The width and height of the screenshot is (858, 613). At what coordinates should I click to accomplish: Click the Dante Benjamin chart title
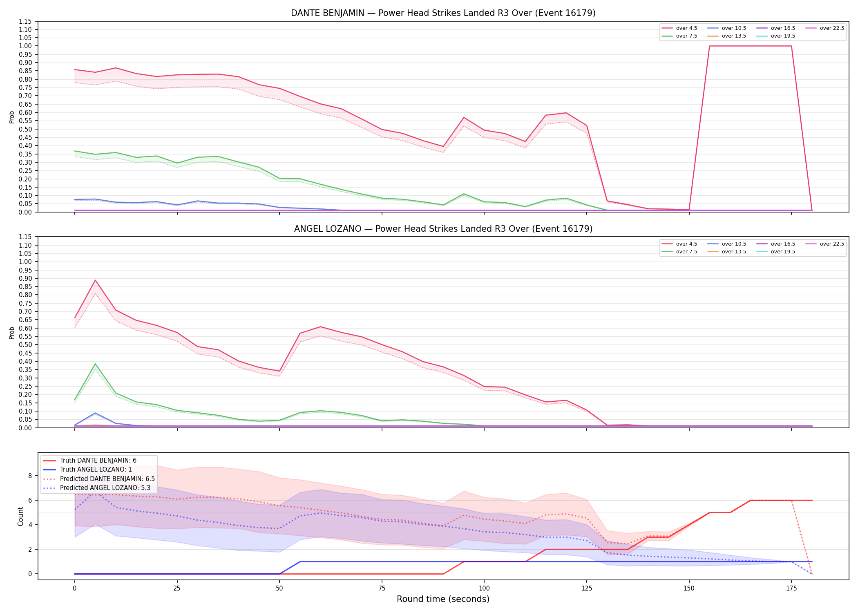click(x=443, y=13)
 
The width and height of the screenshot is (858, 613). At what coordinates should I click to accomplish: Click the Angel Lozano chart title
click(x=443, y=229)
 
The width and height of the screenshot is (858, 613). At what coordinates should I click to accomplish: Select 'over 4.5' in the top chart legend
click(x=686, y=28)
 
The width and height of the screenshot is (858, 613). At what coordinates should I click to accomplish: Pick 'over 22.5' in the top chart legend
click(x=832, y=28)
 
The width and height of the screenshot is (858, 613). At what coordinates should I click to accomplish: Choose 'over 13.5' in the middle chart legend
click(x=734, y=252)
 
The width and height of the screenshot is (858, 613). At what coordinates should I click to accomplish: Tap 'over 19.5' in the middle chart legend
click(x=783, y=252)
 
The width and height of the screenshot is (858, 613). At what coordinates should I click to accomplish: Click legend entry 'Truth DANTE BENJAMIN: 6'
click(x=98, y=461)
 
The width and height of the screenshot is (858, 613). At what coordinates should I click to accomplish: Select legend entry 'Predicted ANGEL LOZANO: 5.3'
click(x=105, y=488)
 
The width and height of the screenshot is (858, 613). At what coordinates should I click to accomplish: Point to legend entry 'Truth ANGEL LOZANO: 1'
click(x=96, y=470)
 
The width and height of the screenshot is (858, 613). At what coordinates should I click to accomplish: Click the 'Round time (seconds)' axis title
click(x=443, y=599)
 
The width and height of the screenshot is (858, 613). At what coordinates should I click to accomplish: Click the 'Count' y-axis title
click(x=20, y=516)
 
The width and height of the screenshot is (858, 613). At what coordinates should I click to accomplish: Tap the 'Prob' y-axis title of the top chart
click(x=11, y=117)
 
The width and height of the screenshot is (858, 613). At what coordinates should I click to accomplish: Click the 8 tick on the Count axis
click(x=30, y=476)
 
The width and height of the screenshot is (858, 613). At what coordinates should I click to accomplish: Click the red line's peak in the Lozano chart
click(x=95, y=280)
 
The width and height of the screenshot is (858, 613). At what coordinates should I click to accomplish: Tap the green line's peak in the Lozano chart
click(x=95, y=364)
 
